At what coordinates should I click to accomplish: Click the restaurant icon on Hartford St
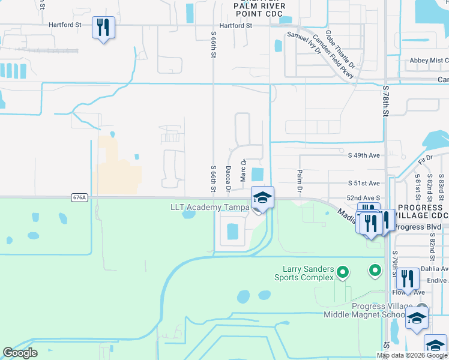[x=103, y=28]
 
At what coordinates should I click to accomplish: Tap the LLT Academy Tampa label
[x=209, y=207]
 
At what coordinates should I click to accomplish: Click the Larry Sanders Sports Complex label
[x=304, y=273]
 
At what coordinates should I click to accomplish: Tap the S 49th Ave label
[x=364, y=155]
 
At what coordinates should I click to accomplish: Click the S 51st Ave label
[x=364, y=183]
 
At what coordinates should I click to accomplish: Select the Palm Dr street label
[x=298, y=181]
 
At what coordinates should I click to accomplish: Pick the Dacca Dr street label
[x=228, y=179]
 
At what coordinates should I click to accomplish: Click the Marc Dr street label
[x=243, y=170]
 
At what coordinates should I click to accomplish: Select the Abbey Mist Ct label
[x=429, y=61]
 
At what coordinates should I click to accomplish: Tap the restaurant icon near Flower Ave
[x=408, y=279]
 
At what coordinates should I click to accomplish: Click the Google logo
[x=20, y=353]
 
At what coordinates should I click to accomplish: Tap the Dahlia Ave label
[x=432, y=269]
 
